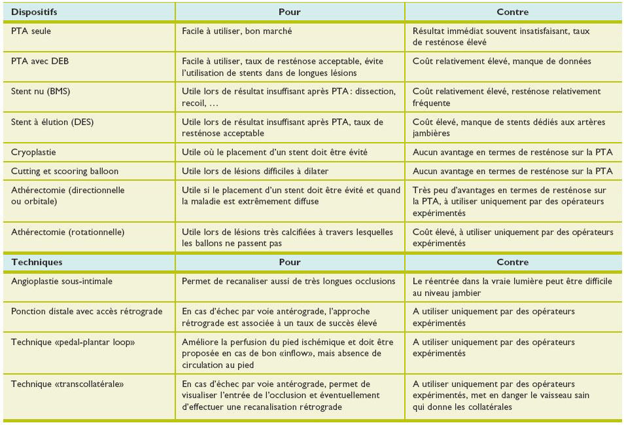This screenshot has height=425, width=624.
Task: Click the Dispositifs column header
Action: pyautogui.click(x=34, y=12)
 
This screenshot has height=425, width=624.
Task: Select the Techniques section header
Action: pyautogui.click(x=37, y=262)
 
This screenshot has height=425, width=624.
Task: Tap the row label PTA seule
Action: pyautogui.click(x=32, y=31)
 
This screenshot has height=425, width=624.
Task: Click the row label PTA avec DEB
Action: pyautogui.click(x=41, y=61)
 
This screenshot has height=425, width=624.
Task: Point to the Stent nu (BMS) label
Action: pyautogui.click(x=41, y=92)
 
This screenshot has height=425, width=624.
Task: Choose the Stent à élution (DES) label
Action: pyautogui.click(x=50, y=122)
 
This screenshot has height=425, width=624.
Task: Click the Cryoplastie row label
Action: pyautogui.click(x=33, y=152)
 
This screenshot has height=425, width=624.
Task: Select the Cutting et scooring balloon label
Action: pyautogui.click(x=65, y=171)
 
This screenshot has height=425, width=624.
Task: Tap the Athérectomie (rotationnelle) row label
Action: pyautogui.click(x=67, y=232)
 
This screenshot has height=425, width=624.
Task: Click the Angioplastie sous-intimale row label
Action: pyautogui.click(x=61, y=281)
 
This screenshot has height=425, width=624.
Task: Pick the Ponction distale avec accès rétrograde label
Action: pyautogui.click(x=86, y=311)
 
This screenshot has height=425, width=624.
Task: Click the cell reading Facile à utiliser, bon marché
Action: pyautogui.click(x=237, y=31)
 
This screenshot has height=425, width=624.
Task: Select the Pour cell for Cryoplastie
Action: pyautogui.click(x=275, y=152)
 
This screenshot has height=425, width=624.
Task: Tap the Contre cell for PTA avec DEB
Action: pyautogui.click(x=502, y=61)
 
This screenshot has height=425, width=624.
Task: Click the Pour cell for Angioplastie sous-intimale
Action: pyautogui.click(x=288, y=281)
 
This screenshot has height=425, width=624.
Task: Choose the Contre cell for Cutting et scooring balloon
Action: pyautogui.click(x=512, y=171)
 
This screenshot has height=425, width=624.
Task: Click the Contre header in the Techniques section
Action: pyautogui.click(x=512, y=262)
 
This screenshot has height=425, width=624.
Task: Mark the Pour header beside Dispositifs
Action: pyautogui.click(x=290, y=12)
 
